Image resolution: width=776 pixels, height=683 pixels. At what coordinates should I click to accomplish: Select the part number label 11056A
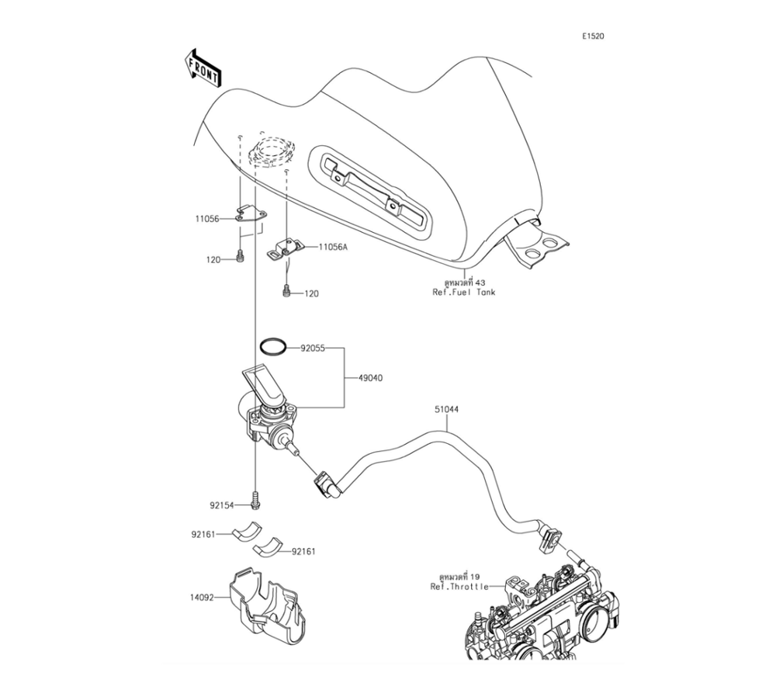[332, 248]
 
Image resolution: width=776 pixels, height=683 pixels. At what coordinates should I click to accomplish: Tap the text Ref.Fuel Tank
[463, 293]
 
